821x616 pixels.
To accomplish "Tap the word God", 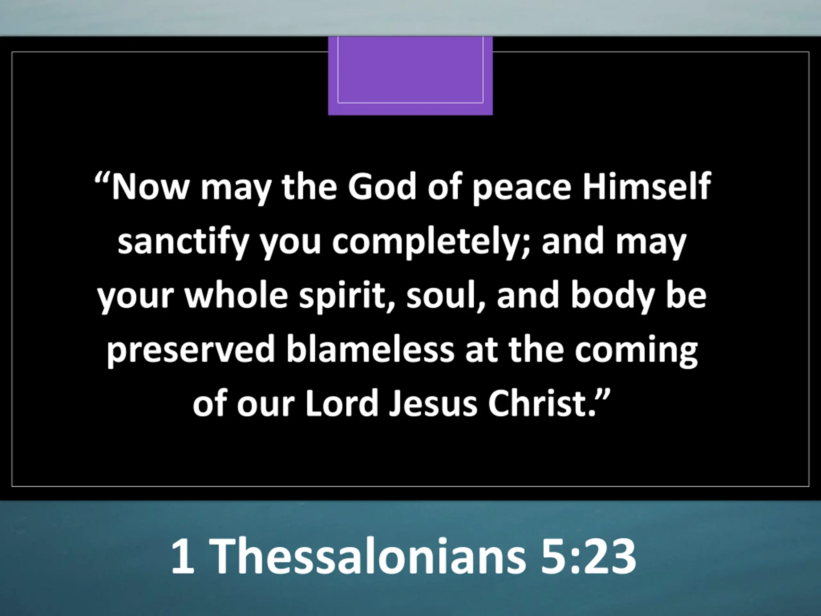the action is (382, 186).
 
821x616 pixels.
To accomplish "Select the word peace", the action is (522, 189).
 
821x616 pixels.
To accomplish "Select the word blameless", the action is (370, 349).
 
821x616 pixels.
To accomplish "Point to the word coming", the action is (636, 351).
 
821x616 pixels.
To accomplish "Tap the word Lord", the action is (342, 403).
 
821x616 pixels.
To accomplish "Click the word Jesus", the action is (433, 403).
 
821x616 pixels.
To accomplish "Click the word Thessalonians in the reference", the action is (370, 556).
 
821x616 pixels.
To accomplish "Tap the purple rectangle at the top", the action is (410, 76).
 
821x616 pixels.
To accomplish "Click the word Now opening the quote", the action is (150, 186).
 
